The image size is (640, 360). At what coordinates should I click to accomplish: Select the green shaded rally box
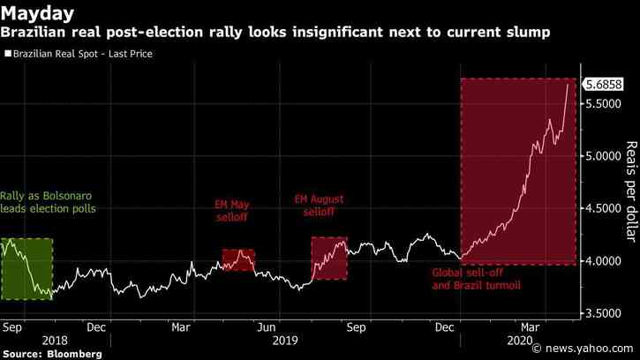click(x=26, y=269)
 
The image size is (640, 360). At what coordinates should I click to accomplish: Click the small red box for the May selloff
click(x=237, y=259)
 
